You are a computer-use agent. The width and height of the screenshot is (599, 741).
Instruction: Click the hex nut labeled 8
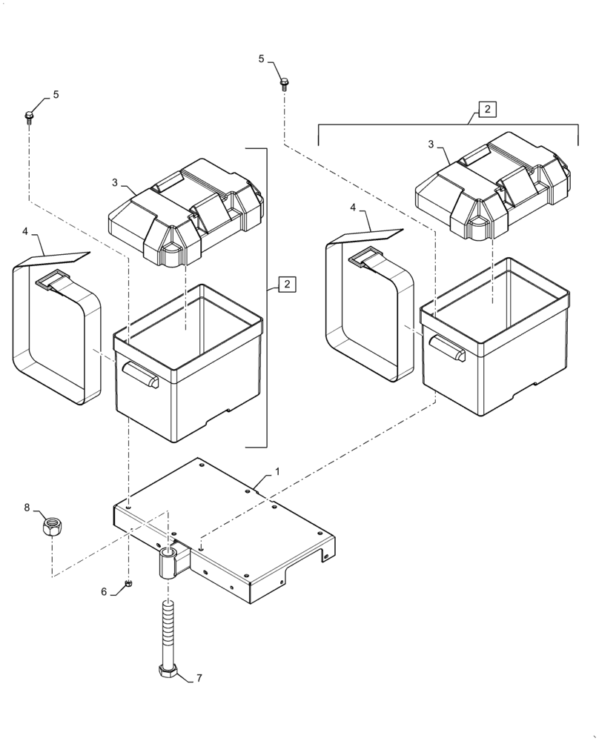tap(51, 528)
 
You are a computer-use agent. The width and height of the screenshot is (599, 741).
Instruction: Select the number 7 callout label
tap(198, 678)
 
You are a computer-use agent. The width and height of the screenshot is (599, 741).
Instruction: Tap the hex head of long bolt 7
tap(168, 672)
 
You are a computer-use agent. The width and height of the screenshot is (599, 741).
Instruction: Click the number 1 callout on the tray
tap(277, 471)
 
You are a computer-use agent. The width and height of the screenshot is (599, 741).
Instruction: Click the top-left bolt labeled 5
tap(29, 116)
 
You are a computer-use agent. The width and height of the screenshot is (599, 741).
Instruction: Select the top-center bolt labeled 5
tap(284, 82)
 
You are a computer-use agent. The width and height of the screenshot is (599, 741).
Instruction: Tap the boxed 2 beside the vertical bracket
tap(287, 284)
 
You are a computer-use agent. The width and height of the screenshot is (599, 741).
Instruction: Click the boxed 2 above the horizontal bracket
tap(487, 110)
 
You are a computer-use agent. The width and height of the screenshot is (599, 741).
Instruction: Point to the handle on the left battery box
tap(142, 374)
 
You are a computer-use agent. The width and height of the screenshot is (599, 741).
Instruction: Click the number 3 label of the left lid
tap(115, 182)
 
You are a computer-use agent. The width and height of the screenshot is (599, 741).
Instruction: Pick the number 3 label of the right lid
tap(430, 144)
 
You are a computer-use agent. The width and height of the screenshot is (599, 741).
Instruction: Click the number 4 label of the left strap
tap(25, 231)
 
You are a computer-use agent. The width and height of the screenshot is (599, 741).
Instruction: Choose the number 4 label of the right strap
tap(353, 208)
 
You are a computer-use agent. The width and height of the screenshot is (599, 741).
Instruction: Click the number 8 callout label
tap(27, 508)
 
